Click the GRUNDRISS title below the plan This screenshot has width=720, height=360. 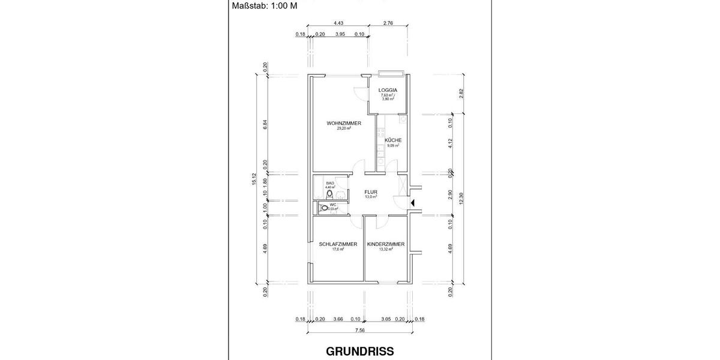(x=360, y=352)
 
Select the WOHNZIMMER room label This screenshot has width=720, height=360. (x=344, y=123)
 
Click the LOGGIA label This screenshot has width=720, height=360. (x=388, y=91)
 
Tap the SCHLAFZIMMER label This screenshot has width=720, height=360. (x=338, y=244)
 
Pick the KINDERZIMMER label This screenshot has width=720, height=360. (x=386, y=244)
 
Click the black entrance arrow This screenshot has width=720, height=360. (x=412, y=203)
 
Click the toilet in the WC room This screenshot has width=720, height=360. (x=325, y=208)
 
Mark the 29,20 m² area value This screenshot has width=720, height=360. (x=344, y=128)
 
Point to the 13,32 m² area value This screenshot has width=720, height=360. (x=386, y=250)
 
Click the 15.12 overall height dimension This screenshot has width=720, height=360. (x=255, y=179)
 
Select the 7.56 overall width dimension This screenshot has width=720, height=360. (x=360, y=330)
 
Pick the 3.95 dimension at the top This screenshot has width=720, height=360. (x=340, y=35)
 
